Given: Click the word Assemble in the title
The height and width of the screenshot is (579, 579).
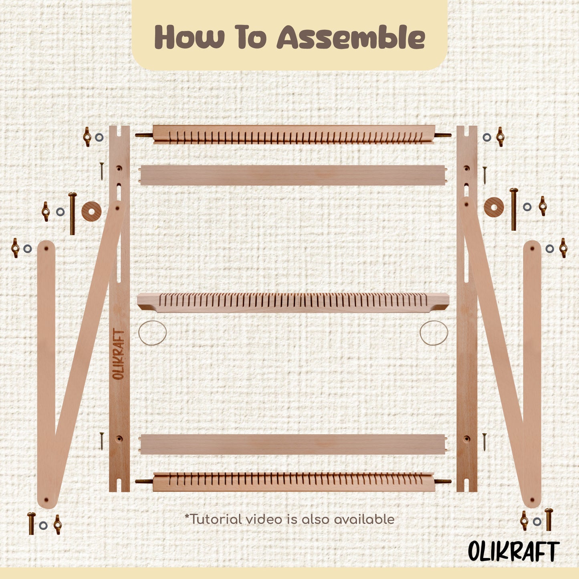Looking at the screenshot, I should pos(351,37).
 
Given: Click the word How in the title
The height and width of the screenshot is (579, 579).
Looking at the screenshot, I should pos(190,37).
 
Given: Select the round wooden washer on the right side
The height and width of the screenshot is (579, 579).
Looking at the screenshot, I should pos(494,207).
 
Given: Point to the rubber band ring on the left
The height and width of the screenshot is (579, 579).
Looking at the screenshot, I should pos(152,333).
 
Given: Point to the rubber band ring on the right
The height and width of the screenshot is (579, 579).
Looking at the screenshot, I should pos(434,333).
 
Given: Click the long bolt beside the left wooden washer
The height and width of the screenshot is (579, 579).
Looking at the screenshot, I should pos(72,213).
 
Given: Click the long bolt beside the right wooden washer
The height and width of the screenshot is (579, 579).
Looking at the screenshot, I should pos(514,209).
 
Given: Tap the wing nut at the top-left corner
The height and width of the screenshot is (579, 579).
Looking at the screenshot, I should pos(87,137).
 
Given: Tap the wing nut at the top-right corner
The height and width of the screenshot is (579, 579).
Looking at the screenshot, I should pos(500,137).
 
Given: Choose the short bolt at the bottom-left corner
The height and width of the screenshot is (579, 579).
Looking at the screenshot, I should pos(31,523).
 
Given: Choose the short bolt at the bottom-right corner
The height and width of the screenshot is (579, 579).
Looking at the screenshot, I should pos(549,519).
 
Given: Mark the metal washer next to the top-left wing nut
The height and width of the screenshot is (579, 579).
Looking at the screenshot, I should pos(99,137).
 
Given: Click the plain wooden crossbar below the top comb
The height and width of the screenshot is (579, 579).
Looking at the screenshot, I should pos(293,176).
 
